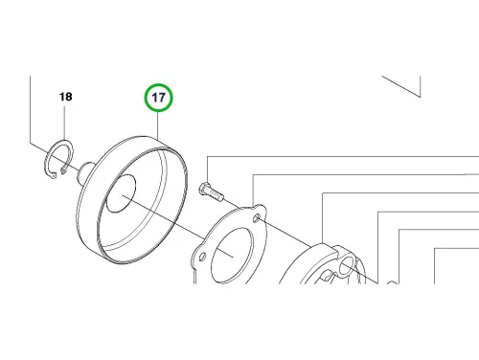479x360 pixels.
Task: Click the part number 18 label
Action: (66, 97)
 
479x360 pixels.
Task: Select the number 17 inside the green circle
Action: (159, 98)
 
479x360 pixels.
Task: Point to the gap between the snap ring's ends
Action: (58, 173)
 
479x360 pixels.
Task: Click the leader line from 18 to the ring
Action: (65, 123)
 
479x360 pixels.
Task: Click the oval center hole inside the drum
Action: (121, 193)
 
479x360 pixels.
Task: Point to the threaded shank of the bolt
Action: (217, 194)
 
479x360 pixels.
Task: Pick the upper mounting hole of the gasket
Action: (256, 218)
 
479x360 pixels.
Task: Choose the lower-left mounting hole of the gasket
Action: (202, 257)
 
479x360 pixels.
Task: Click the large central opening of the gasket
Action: (233, 256)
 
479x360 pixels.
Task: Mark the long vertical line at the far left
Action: (31, 109)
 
